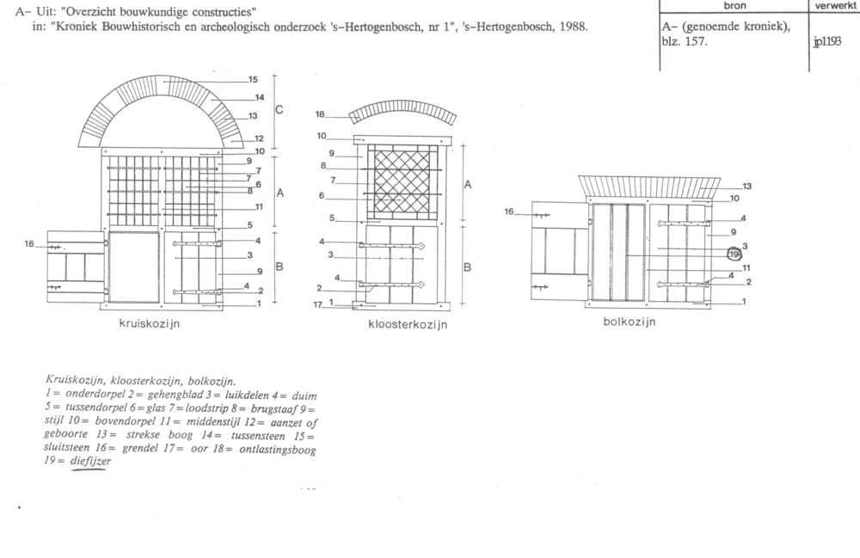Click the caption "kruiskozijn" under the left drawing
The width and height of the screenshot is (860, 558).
[149, 323]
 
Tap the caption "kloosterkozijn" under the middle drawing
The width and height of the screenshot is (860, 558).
[408, 324]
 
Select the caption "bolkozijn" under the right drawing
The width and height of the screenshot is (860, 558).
[630, 322]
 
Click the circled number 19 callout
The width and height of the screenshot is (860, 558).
[734, 254]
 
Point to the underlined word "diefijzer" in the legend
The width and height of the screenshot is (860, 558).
[90, 461]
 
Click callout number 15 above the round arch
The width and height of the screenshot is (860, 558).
[253, 79]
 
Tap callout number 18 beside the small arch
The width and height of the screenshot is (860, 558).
[320, 114]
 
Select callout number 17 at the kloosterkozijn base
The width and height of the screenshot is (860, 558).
[317, 304]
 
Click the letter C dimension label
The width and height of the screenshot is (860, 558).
[279, 110]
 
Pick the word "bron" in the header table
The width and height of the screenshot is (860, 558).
[734, 5]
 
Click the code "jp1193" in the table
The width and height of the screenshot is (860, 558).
[827, 41]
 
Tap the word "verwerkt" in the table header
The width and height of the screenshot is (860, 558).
[835, 5]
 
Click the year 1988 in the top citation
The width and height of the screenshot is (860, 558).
[573, 27]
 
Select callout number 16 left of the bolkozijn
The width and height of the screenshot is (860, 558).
[509, 212]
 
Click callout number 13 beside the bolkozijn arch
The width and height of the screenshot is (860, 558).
[747, 187]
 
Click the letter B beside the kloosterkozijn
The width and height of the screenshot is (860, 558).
[467, 267]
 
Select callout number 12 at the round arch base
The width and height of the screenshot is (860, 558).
[259, 138]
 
